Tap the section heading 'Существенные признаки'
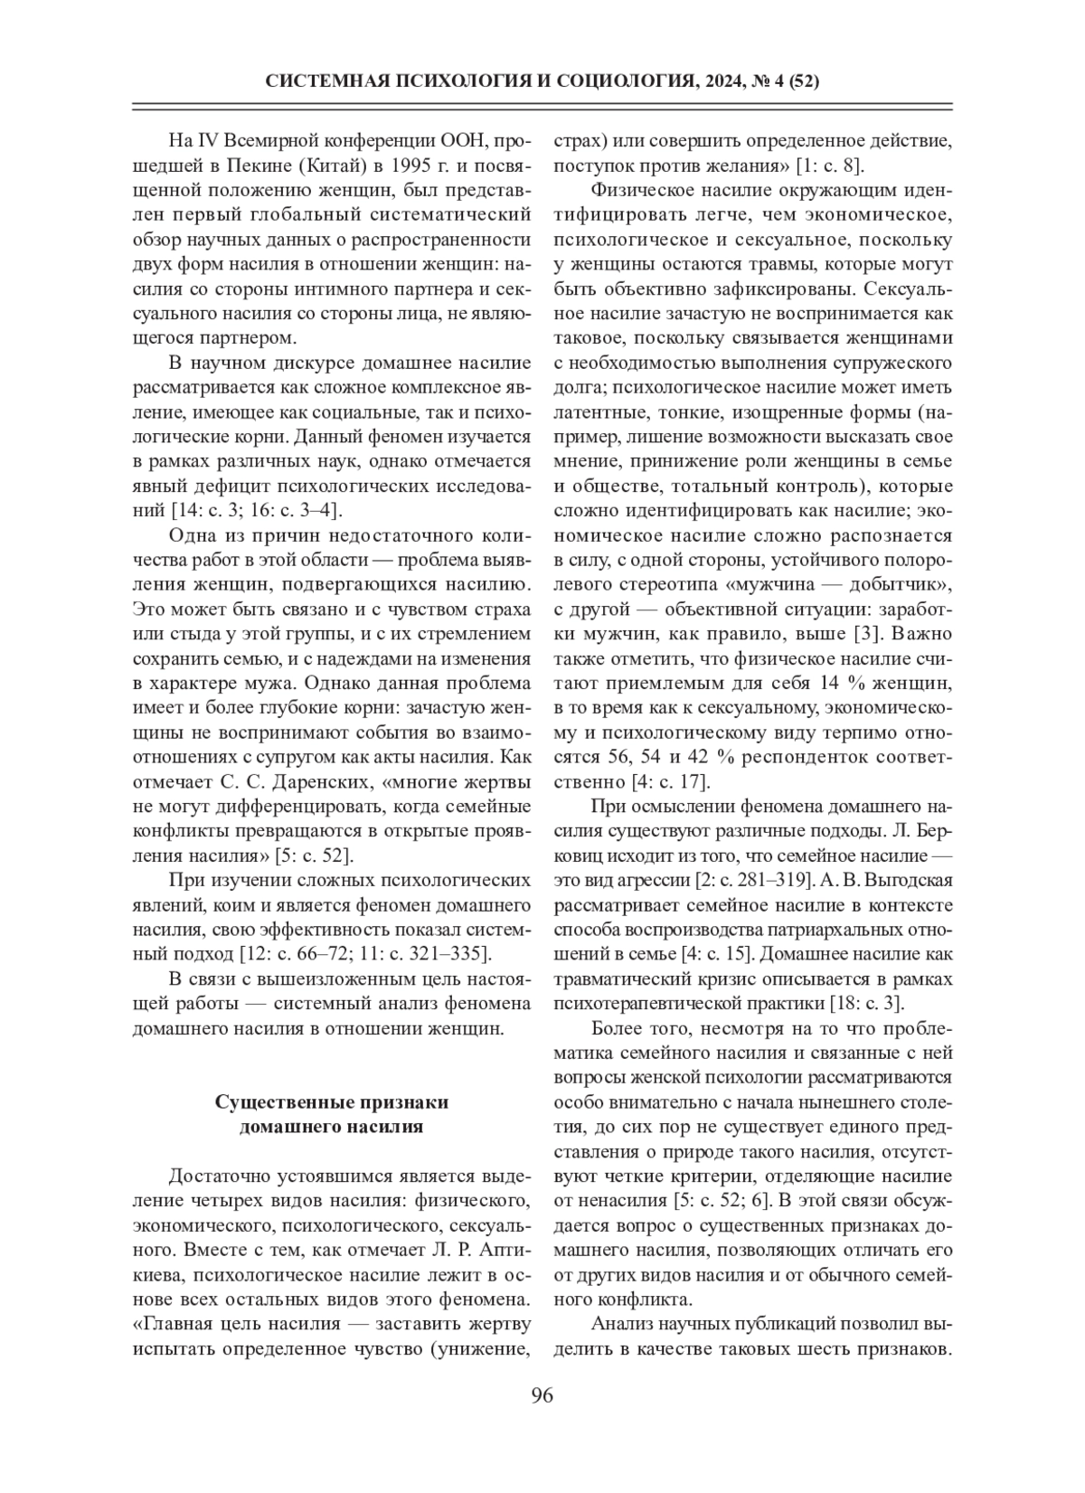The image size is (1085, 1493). pyautogui.click(x=332, y=1102)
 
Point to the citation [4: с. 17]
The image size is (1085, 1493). pyautogui.click(x=668, y=780)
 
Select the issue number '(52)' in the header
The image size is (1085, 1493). pyautogui.click(x=804, y=82)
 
